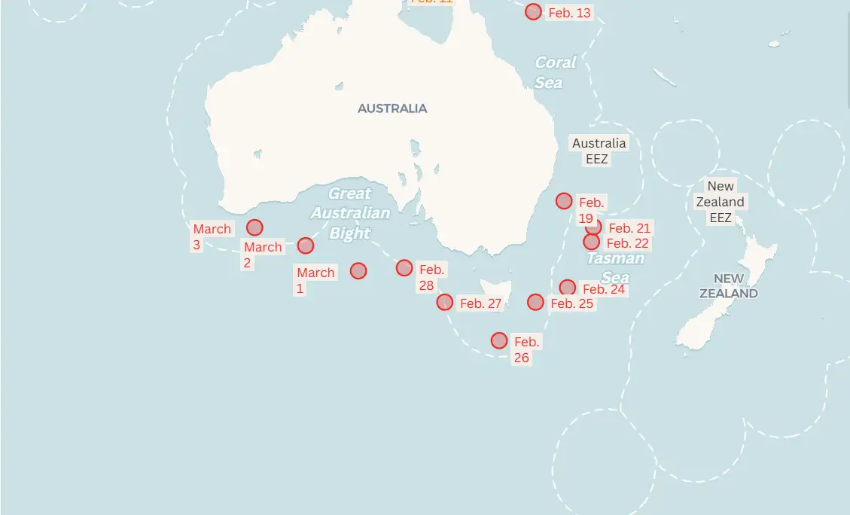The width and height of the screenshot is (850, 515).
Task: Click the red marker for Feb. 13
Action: click(533, 12)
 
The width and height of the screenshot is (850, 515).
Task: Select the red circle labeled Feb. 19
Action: click(564, 201)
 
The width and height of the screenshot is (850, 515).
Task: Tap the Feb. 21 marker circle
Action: click(594, 227)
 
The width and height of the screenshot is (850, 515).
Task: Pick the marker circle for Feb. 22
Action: click(592, 242)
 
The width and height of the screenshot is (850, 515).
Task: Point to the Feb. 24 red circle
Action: click(568, 288)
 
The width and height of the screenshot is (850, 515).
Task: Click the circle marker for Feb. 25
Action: click(535, 303)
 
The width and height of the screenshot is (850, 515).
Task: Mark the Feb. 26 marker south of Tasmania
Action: click(499, 340)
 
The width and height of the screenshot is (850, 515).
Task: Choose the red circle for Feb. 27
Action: click(445, 302)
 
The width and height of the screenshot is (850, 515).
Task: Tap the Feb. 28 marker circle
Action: click(404, 268)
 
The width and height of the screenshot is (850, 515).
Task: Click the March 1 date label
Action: click(315, 280)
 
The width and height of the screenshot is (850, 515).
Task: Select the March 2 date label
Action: click(262, 254)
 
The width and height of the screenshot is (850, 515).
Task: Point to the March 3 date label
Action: click(212, 236)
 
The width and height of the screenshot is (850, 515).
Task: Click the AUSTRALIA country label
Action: click(392, 108)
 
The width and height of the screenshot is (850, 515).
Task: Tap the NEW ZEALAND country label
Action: click(729, 286)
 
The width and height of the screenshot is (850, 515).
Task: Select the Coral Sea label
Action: click(556, 72)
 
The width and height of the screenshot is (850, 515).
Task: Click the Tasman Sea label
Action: click(615, 268)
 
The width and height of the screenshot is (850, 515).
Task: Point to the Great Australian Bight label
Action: click(350, 213)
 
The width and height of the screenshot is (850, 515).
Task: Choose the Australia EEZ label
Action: click(599, 151)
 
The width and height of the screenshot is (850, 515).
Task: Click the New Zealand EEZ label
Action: click(721, 202)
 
